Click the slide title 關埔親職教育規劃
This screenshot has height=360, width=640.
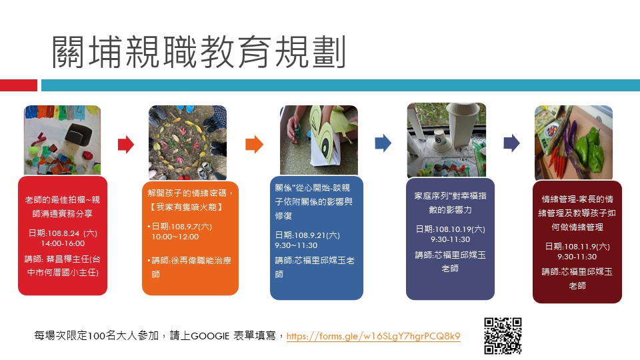(199, 52)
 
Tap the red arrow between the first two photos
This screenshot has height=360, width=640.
(126, 144)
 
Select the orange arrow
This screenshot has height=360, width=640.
(254, 144)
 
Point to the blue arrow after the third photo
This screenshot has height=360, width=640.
(383, 143)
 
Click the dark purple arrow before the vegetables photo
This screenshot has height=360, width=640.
(512, 143)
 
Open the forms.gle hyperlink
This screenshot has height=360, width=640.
(373, 336)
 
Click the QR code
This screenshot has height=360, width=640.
(503, 336)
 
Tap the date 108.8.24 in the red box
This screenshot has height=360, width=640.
(63, 233)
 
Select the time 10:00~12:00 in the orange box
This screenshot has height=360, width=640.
(175, 237)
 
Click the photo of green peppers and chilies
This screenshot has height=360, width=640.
(573, 143)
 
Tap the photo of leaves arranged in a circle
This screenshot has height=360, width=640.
(187, 143)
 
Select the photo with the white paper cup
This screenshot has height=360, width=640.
(447, 140)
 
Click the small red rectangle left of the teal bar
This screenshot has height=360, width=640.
(19, 85)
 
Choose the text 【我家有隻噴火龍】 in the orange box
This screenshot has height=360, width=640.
(187, 207)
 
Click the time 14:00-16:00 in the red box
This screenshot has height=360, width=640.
(63, 244)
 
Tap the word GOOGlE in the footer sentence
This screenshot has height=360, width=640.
(210, 336)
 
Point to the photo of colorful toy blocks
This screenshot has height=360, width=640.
(63, 140)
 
